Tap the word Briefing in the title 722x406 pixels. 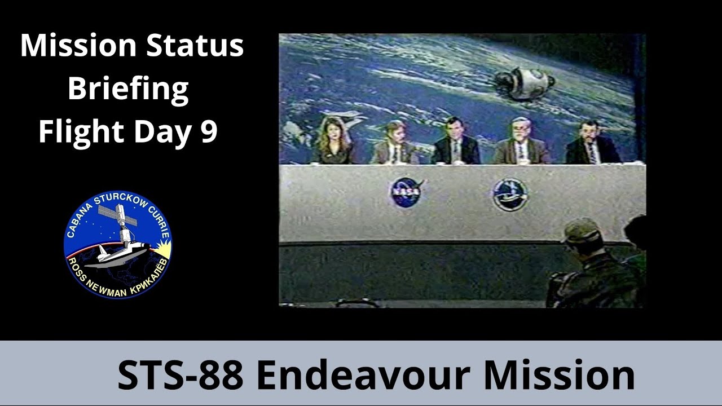pos(128,89)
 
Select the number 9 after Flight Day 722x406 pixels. pos(209,132)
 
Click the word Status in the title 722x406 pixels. pos(195,46)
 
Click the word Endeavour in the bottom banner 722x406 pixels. pos(362,375)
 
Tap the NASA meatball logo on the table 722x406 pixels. pos(406,192)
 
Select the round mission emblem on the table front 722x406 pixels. pos(510,194)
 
